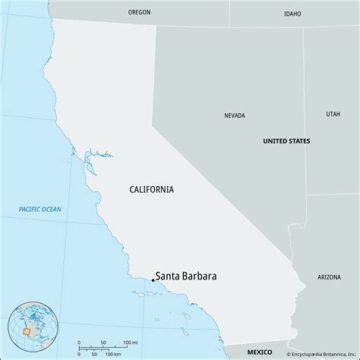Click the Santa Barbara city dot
click(x=153, y=281)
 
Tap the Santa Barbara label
click(x=185, y=276)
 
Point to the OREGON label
click(x=139, y=12)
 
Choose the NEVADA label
click(x=235, y=116)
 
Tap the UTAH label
click(x=333, y=114)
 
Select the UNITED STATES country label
click(x=286, y=141)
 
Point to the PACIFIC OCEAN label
click(x=41, y=209)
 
